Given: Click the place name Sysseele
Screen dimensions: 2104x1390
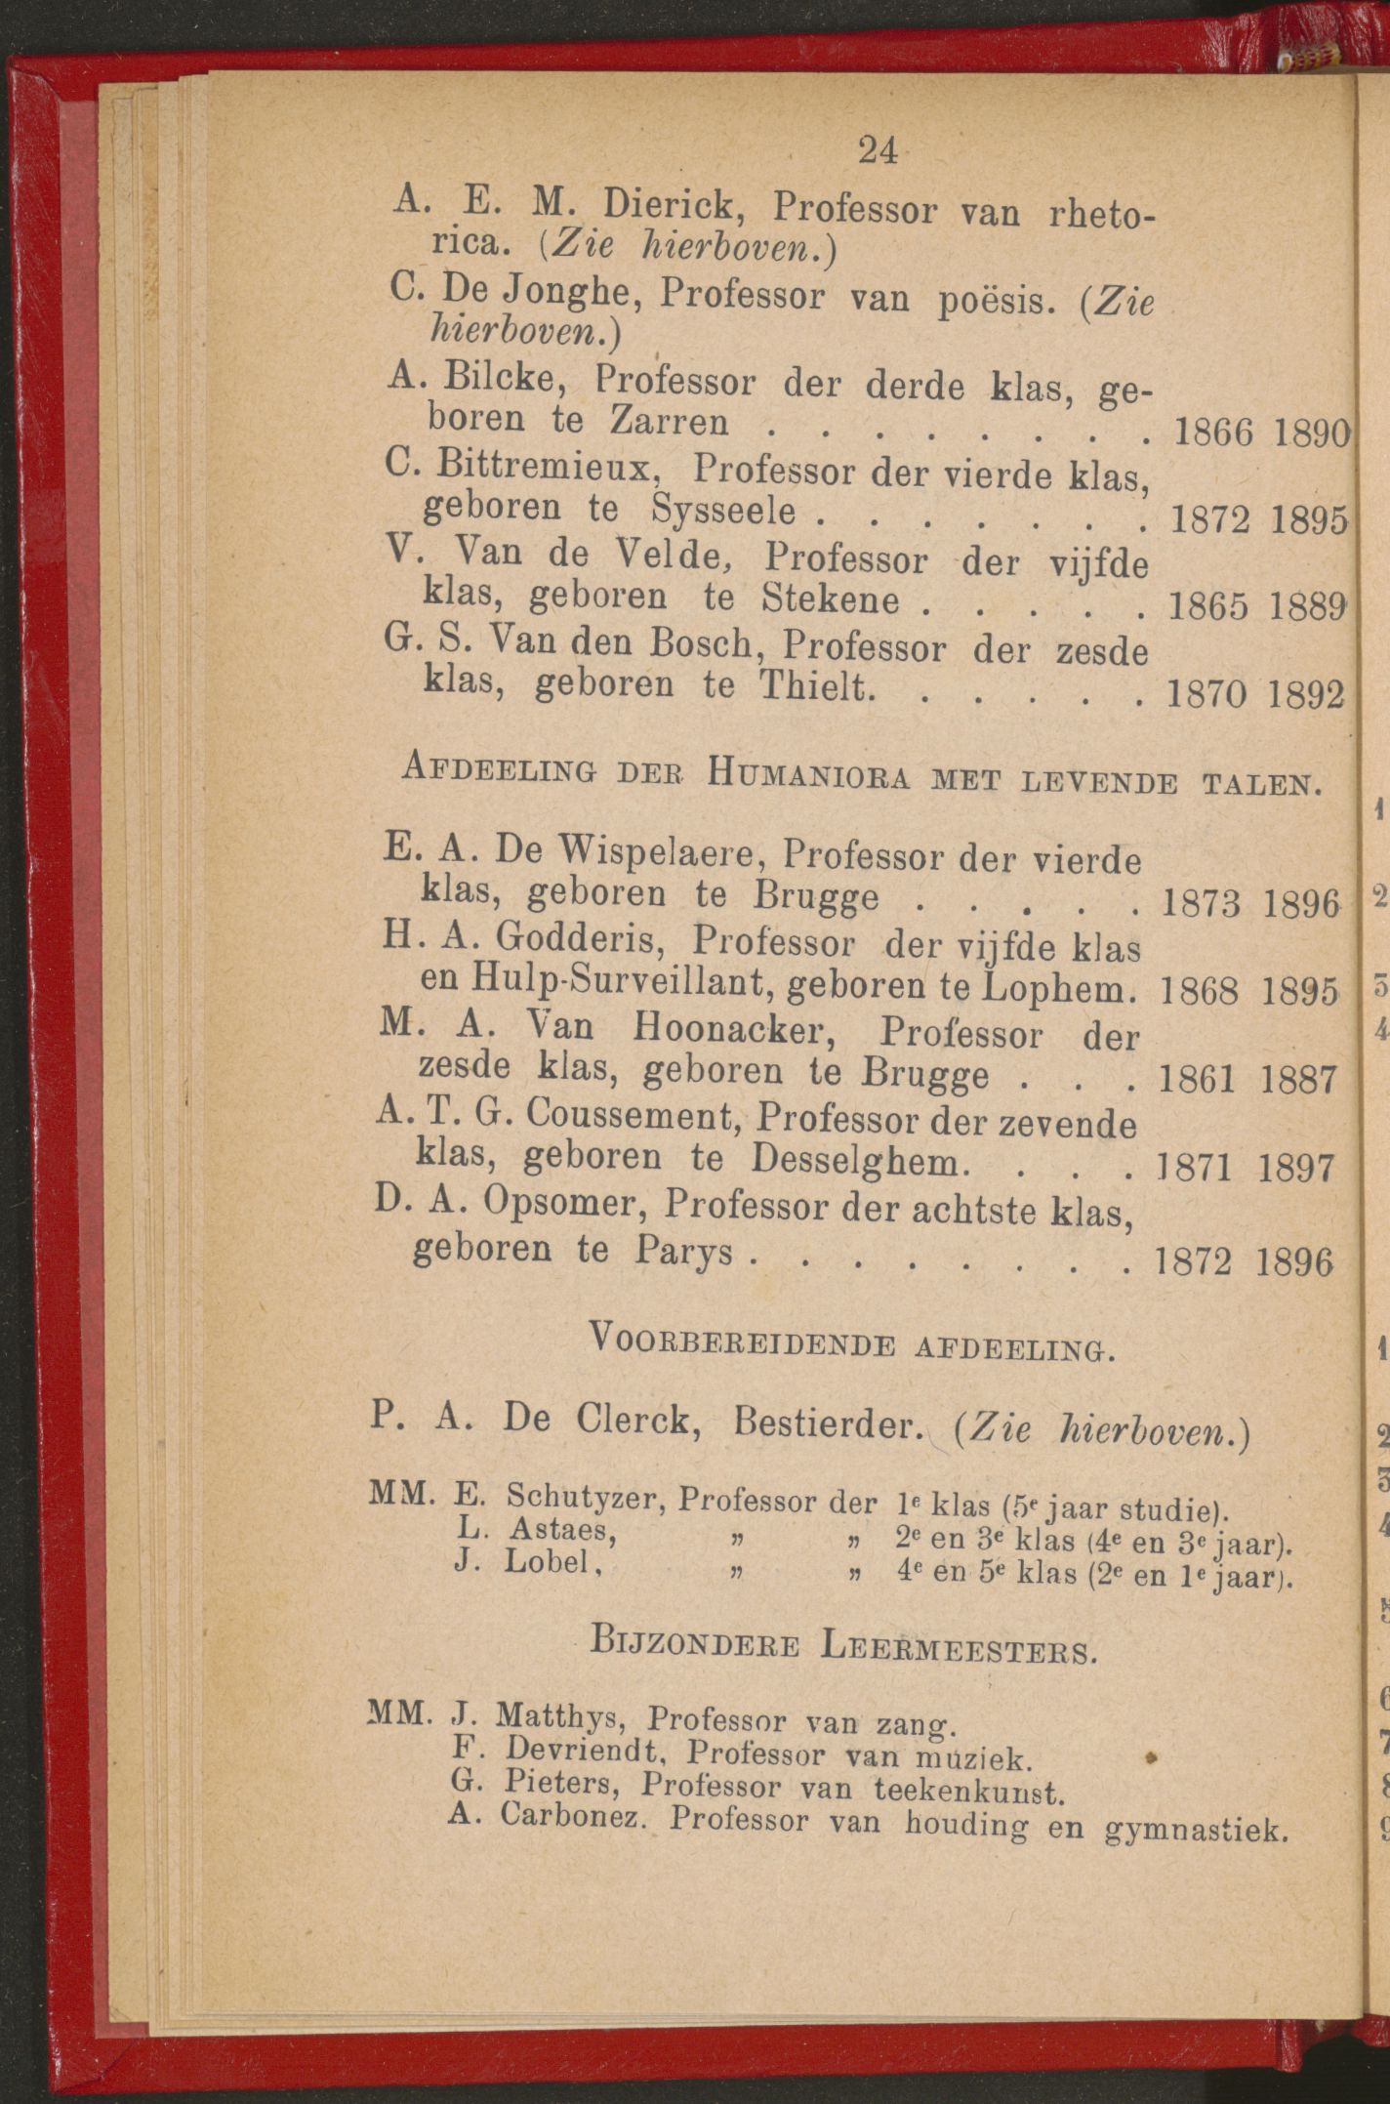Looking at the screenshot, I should point(724,510).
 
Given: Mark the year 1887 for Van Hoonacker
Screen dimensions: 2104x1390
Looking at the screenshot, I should point(1297,1079).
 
